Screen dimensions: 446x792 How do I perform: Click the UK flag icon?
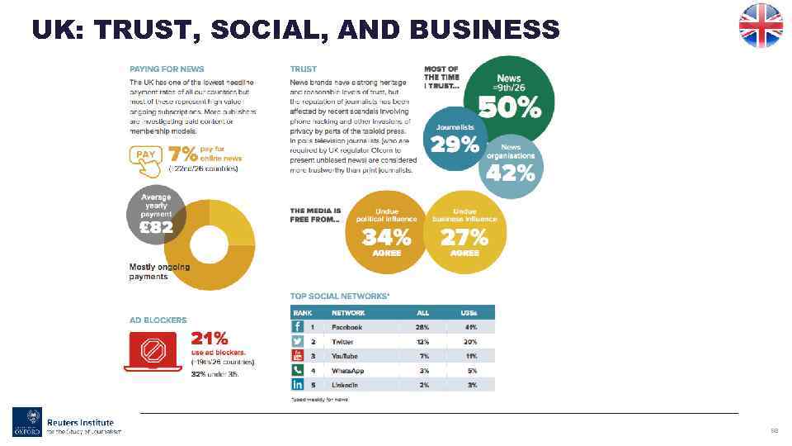(760, 25)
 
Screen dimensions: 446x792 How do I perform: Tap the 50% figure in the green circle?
(510, 107)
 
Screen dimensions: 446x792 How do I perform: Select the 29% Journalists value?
(455, 144)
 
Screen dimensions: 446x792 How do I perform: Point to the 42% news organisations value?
(511, 173)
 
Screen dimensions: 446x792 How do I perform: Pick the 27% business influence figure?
(464, 238)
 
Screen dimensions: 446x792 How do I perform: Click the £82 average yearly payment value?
(156, 227)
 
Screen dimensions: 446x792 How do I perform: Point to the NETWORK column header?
(348, 313)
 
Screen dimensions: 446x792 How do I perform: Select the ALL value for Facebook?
(423, 327)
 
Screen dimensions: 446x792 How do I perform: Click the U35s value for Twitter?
(471, 342)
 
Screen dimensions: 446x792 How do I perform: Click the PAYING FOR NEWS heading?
(167, 69)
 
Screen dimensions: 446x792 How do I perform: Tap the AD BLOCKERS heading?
(158, 320)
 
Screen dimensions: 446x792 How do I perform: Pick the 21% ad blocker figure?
(210, 339)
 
